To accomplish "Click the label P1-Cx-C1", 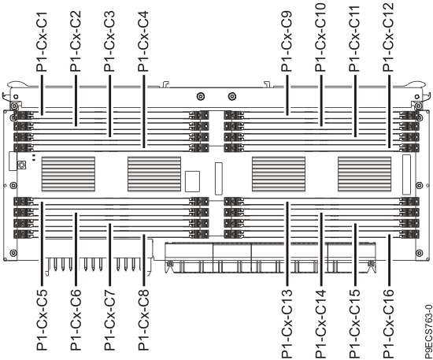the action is [42, 42].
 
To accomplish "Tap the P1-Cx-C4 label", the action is [143, 41].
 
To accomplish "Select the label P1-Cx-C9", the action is [287, 42].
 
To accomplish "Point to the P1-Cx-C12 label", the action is [388, 38].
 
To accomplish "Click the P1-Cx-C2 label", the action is [76, 41].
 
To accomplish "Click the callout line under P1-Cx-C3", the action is [109, 106].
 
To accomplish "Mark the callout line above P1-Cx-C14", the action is [321, 249].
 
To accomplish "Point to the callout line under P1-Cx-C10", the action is [321, 101].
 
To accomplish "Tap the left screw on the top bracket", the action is [201, 96].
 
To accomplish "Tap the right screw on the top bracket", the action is [231, 96].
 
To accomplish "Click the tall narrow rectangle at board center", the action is [219, 179].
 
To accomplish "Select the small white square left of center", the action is [192, 181].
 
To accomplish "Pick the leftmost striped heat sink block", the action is [68, 174].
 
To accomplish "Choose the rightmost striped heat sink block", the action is [365, 174].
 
